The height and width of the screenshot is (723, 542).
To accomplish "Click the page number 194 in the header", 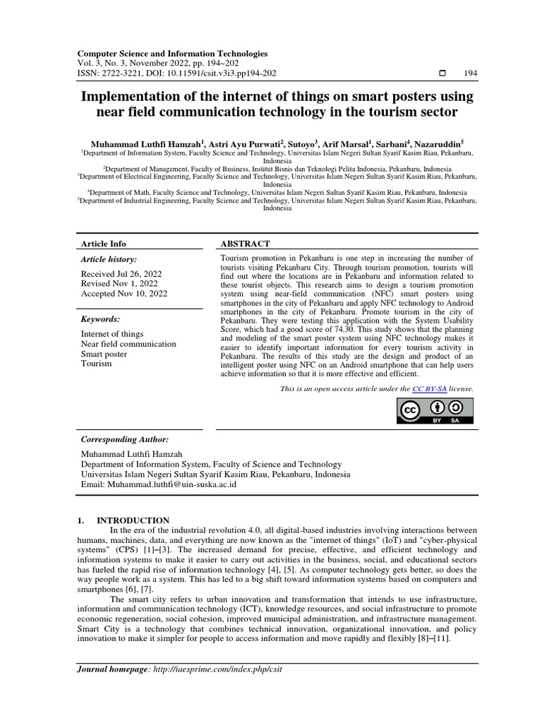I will coord(470,73).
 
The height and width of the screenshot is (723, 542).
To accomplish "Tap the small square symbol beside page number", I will coord(442,73).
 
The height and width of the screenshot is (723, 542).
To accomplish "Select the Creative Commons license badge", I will coord(438,411).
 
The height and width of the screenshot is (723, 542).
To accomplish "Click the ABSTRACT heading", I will coord(245,244).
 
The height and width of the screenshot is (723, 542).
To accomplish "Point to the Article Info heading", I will coord(104,244).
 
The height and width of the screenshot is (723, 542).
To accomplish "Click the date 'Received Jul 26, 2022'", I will coord(121,274).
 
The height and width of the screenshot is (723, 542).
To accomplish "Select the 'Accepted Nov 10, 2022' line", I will coord(124,294).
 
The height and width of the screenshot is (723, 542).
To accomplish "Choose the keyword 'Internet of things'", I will coord(112,334).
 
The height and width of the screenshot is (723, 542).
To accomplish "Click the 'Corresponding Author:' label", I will coord(124,439).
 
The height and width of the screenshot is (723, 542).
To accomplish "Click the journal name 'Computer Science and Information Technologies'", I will coord(171,53).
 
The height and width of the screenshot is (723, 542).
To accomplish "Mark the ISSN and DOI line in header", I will coord(176,73).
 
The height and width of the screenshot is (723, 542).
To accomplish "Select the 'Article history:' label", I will coord(109,260).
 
